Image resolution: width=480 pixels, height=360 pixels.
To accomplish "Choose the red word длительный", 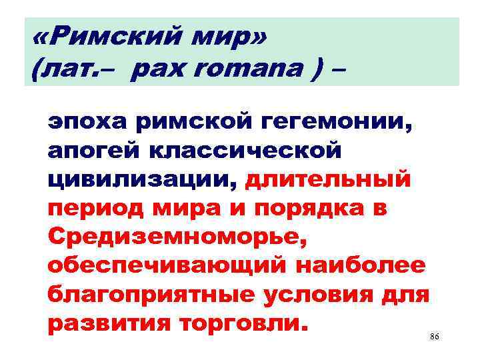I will pyautogui.click(x=329, y=181).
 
